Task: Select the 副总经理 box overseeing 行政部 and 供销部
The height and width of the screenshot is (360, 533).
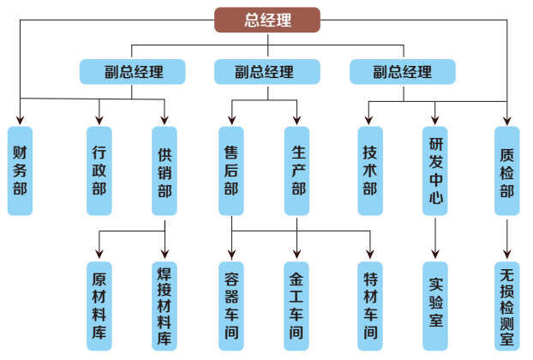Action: (133, 72)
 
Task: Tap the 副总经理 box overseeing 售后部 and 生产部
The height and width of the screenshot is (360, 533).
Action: (266, 72)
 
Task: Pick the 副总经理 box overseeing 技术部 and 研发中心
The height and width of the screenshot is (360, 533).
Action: (402, 72)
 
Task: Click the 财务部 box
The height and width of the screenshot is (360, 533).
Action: (21, 171)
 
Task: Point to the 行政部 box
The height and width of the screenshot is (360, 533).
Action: (99, 171)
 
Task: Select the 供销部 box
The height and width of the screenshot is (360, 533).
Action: (165, 171)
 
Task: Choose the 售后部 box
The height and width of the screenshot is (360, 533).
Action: (231, 171)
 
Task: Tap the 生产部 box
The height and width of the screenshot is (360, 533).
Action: (297, 171)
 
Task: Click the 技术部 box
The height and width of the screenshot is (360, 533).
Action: (370, 171)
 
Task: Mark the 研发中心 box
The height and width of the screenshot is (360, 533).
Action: (435, 171)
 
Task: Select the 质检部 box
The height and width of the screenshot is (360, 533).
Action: (507, 171)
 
